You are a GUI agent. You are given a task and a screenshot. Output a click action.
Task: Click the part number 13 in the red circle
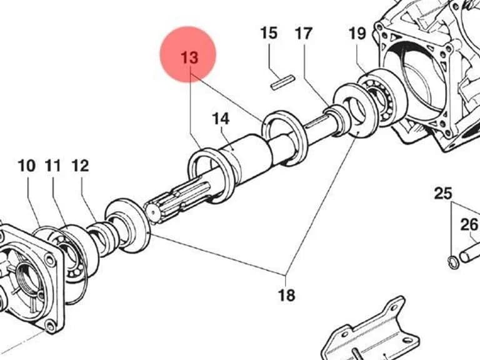point(189,57)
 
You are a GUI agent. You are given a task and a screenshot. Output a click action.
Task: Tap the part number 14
point(221,119)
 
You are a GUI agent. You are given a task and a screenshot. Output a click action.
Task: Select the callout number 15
point(269,33)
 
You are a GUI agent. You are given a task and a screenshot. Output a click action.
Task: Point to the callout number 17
point(303,33)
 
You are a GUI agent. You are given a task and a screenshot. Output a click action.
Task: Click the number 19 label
point(357,33)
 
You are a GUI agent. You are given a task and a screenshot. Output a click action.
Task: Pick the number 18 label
point(286,296)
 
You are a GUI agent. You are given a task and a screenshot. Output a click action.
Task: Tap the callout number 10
point(27,166)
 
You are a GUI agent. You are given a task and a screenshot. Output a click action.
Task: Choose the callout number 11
point(53,166)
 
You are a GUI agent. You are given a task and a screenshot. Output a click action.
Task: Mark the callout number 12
point(80,166)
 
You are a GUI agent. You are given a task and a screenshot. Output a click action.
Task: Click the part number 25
point(443,194)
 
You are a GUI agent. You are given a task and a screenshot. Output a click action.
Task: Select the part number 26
point(469,225)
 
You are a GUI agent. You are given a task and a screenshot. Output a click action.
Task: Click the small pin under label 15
point(283,82)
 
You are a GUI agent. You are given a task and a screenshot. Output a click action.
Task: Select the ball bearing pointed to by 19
point(382,98)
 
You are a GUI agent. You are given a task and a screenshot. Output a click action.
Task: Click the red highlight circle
point(188,54)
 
